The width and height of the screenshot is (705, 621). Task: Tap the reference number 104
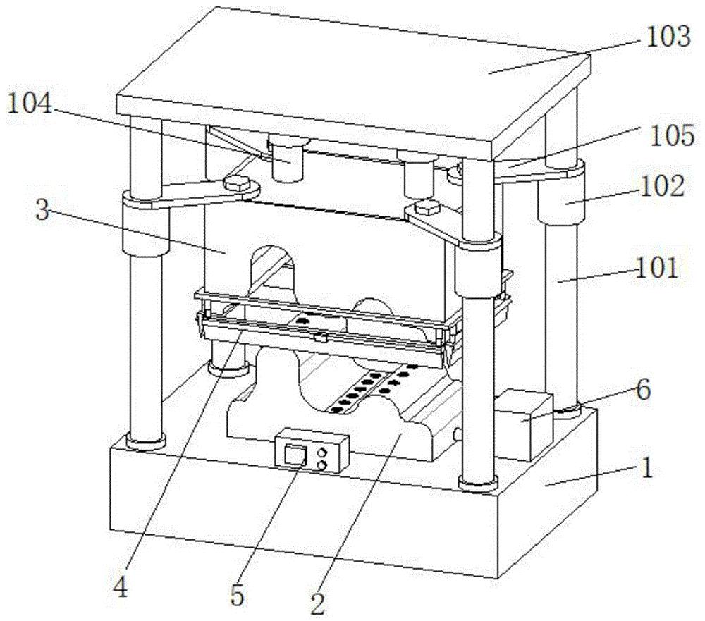tap(31, 105)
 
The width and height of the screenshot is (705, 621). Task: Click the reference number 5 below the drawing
tap(238, 596)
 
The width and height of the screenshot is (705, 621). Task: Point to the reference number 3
tap(43, 211)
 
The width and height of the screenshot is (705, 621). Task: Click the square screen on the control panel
tap(294, 454)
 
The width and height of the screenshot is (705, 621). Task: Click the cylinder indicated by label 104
tap(289, 161)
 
